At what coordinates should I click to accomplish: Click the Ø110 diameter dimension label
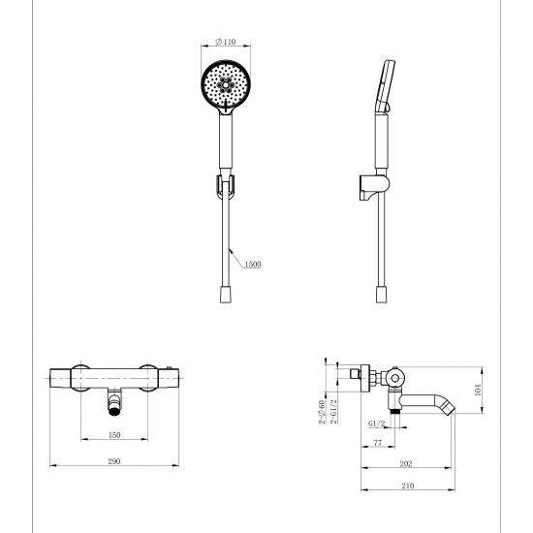point(226,42)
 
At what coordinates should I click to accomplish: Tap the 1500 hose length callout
point(253,265)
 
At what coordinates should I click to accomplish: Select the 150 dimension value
point(114,435)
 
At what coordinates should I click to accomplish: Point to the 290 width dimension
point(114,461)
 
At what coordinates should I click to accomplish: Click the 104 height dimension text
point(478,390)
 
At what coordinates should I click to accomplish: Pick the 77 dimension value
point(378,443)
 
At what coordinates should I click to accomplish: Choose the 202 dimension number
point(406,463)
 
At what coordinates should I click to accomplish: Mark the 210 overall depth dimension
point(408,486)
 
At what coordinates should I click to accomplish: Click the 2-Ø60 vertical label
point(322,412)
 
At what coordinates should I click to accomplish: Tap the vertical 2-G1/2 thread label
point(333,411)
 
